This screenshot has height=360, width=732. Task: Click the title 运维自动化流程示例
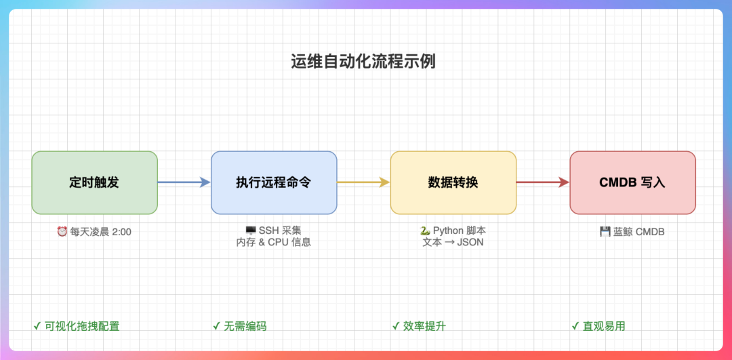click(x=363, y=62)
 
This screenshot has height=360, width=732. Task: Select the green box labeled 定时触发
click(x=94, y=182)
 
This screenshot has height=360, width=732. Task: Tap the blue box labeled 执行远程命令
click(x=274, y=182)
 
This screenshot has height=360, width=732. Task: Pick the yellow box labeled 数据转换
click(x=453, y=182)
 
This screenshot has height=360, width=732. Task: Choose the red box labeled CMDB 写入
click(x=632, y=182)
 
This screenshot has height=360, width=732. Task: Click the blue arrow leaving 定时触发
click(x=184, y=182)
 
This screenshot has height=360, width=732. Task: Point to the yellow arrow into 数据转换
click(x=363, y=182)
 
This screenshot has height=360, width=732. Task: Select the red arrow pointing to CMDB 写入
click(x=542, y=182)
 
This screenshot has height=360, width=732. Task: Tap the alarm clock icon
click(x=62, y=232)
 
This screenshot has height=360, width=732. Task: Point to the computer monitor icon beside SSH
click(x=251, y=231)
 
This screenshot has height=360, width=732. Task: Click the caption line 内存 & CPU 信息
click(x=274, y=242)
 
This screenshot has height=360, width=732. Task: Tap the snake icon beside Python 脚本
click(x=425, y=231)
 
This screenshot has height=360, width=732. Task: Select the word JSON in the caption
click(x=470, y=242)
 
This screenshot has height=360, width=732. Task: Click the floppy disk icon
click(x=605, y=232)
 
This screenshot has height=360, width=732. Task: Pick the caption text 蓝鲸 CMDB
click(x=639, y=232)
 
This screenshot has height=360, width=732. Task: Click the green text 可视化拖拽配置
click(x=82, y=326)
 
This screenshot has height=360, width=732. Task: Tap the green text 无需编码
click(x=245, y=326)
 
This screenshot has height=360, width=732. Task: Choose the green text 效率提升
click(x=424, y=326)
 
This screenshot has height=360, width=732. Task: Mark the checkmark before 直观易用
click(x=575, y=326)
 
